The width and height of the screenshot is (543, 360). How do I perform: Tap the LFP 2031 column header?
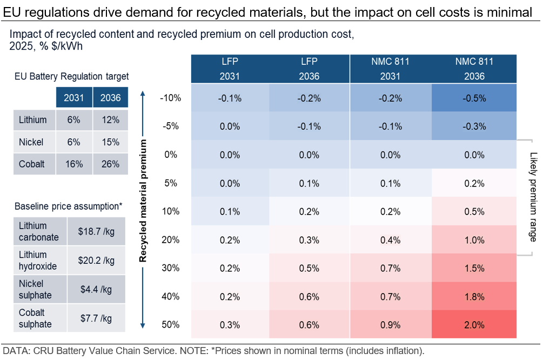[x=230, y=69]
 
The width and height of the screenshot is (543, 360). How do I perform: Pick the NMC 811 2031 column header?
[x=390, y=69]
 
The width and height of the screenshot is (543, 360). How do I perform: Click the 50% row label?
[x=170, y=324]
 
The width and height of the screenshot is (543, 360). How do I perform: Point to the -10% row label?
[x=170, y=98]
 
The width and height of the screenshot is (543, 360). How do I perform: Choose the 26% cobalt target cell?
[x=110, y=164]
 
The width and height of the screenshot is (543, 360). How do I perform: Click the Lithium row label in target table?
[x=33, y=120]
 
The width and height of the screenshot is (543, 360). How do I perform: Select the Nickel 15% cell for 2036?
[x=110, y=142]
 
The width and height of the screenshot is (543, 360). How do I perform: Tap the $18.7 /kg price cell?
[x=97, y=231]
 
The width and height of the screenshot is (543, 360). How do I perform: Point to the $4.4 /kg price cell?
[x=97, y=290]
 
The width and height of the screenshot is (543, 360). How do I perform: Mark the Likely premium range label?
[x=532, y=197]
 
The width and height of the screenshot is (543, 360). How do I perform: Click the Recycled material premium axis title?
[x=143, y=200]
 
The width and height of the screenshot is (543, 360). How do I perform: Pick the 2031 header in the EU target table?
[x=73, y=98]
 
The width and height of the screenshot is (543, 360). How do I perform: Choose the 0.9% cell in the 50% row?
[x=390, y=324]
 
